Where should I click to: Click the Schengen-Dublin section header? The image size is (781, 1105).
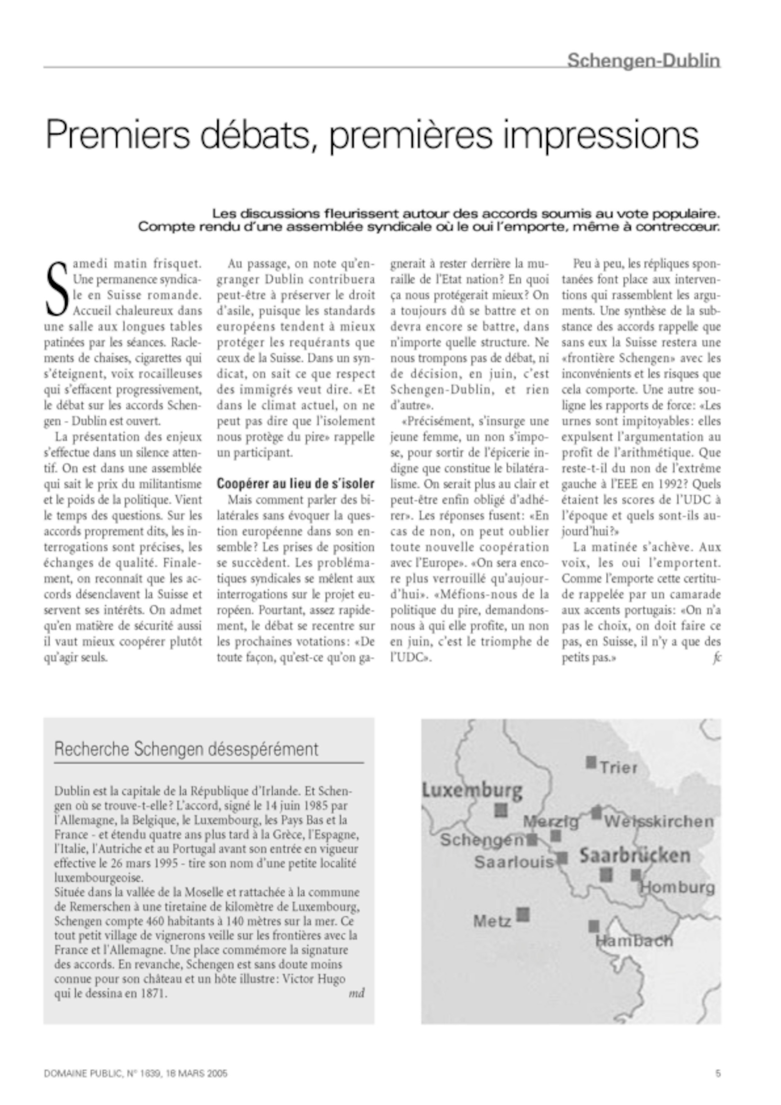644,61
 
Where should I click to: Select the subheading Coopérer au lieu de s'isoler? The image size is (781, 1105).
296,483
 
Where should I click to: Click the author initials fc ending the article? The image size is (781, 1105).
717,658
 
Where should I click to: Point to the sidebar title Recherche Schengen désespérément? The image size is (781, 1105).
186,749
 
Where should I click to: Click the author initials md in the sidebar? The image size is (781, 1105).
357,993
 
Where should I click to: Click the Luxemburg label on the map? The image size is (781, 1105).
472,790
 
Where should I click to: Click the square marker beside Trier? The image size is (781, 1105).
591,762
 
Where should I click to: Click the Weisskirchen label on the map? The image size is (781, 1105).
659,821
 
